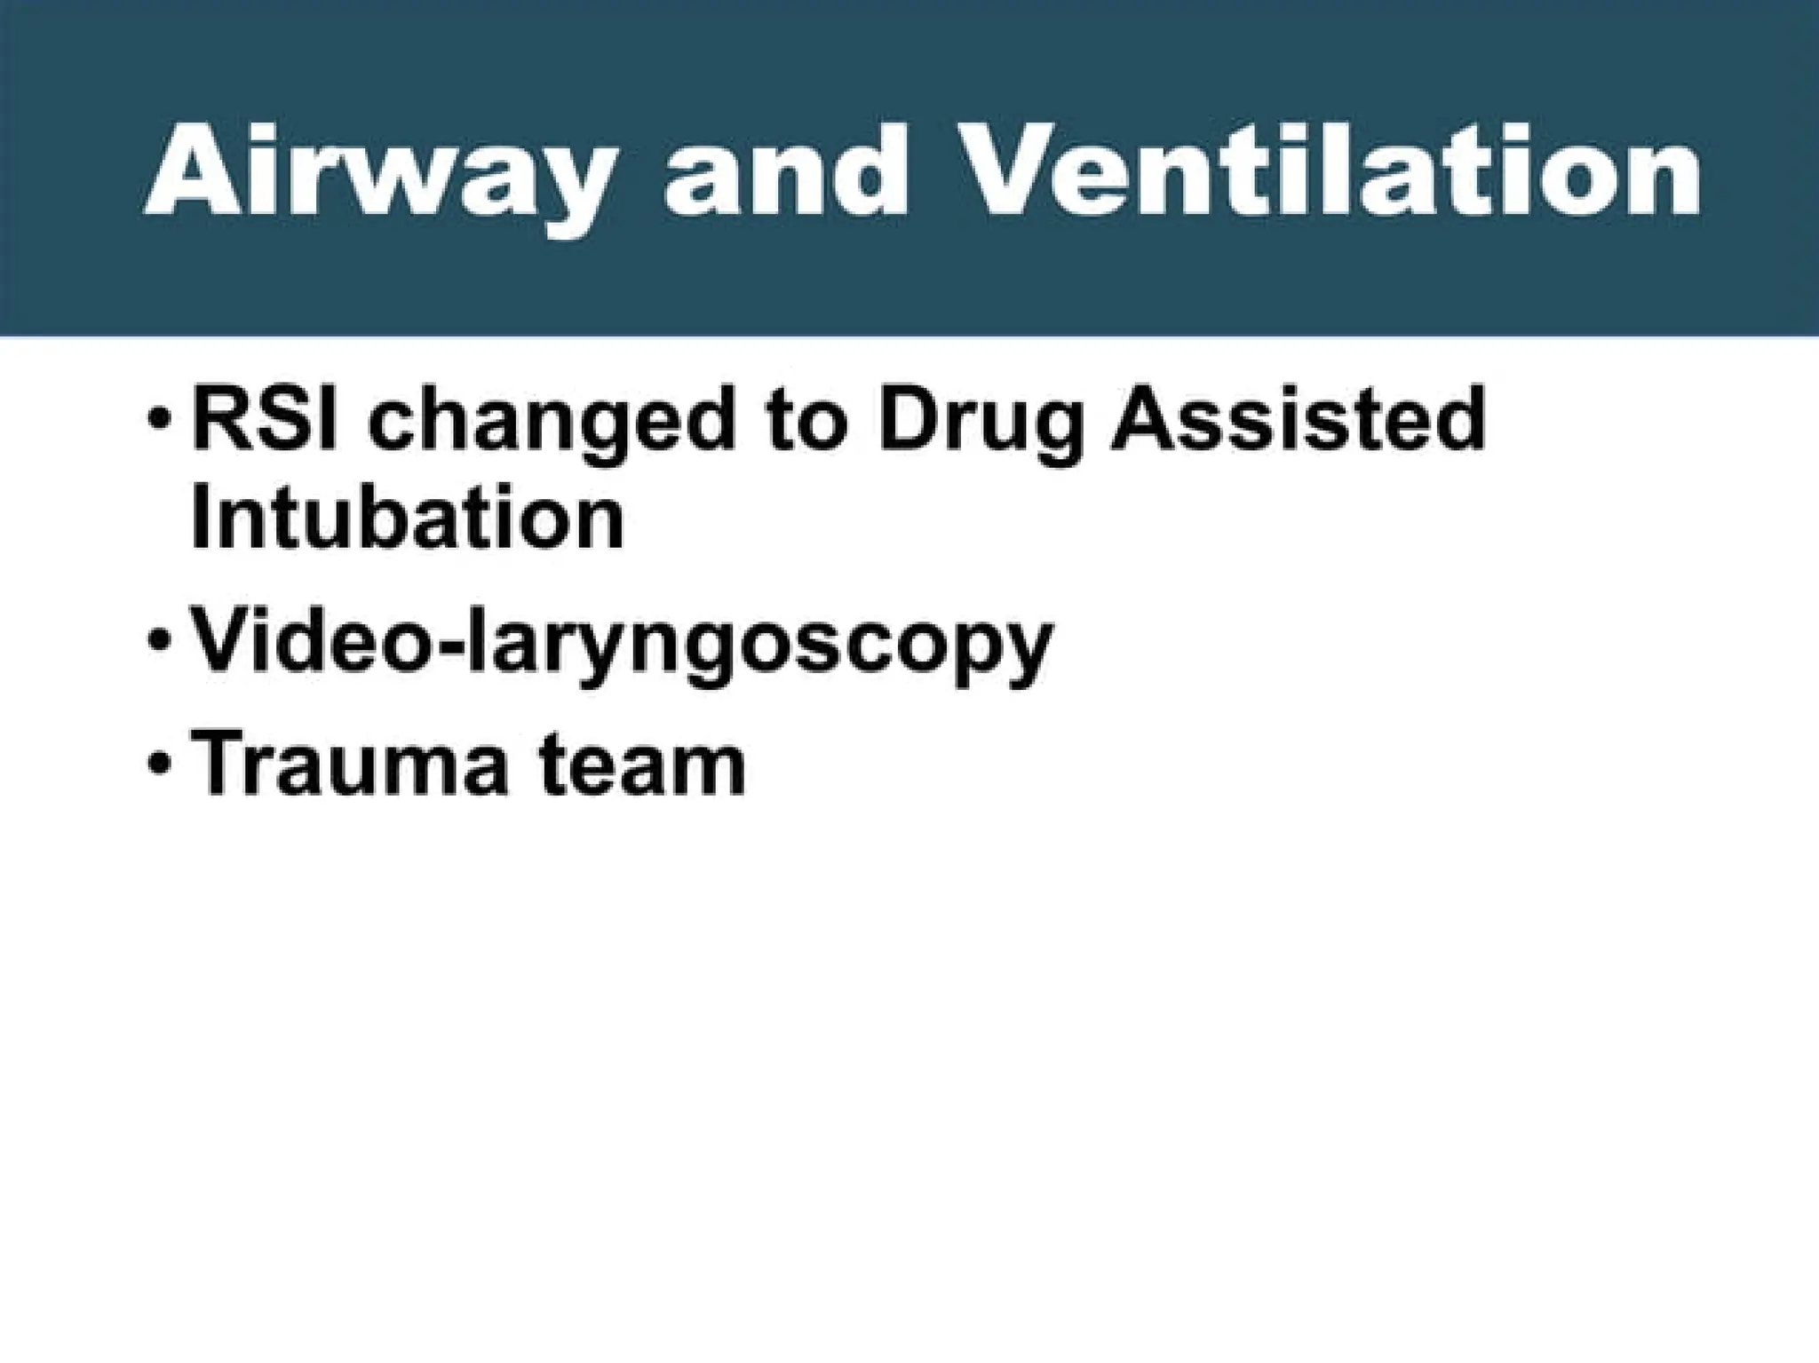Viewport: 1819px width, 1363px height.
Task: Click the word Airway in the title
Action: [377, 173]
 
